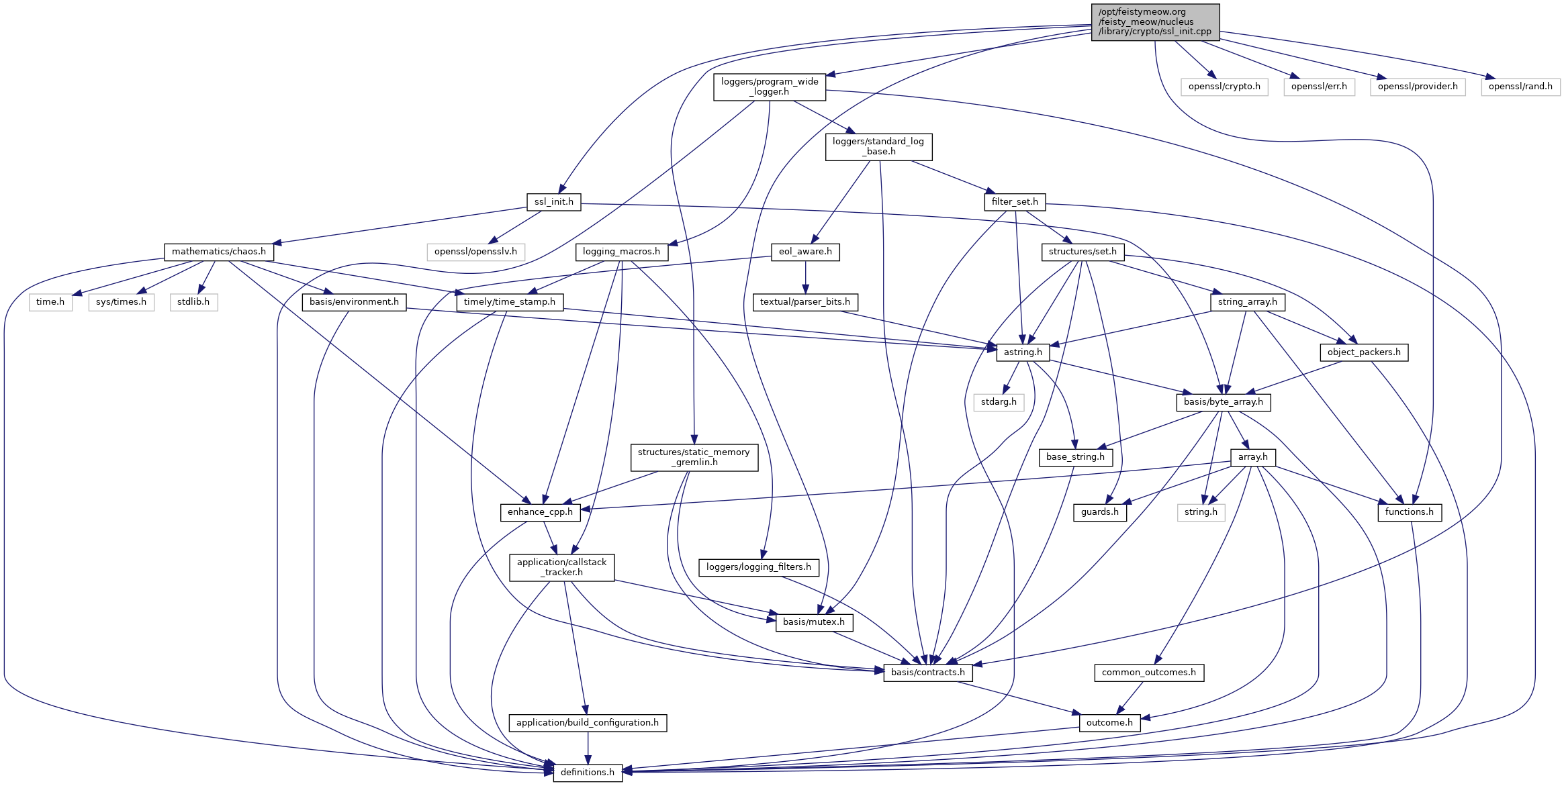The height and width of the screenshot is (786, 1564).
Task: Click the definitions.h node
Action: point(587,772)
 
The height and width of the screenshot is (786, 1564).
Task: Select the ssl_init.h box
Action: point(553,201)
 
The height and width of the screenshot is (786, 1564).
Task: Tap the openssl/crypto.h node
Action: point(1224,87)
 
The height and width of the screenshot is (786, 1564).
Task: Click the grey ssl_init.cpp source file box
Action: point(1154,21)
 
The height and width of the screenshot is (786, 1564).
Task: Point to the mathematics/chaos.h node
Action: point(218,252)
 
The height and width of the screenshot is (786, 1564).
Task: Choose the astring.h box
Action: point(1022,352)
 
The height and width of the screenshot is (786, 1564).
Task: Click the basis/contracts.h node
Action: point(927,672)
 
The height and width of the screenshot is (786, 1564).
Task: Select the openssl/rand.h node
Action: point(1520,87)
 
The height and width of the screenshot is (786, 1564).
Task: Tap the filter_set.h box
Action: point(1014,201)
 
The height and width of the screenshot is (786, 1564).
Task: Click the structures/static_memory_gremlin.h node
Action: point(694,457)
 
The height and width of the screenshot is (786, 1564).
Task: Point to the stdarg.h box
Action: point(998,402)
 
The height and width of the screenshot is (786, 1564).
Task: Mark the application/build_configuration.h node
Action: point(588,722)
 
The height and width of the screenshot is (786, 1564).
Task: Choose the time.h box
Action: point(50,302)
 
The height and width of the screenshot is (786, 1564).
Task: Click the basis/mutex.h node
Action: point(813,622)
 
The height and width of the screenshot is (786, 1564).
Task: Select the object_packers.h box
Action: point(1363,352)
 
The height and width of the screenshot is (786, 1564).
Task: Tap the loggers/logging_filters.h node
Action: point(758,567)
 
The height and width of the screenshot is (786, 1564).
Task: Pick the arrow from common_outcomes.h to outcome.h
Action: point(1130,697)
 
